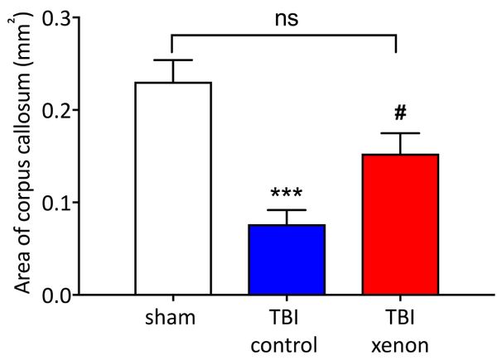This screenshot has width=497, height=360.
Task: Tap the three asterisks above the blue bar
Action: tap(288, 194)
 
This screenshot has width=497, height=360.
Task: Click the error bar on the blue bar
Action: tap(288, 217)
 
